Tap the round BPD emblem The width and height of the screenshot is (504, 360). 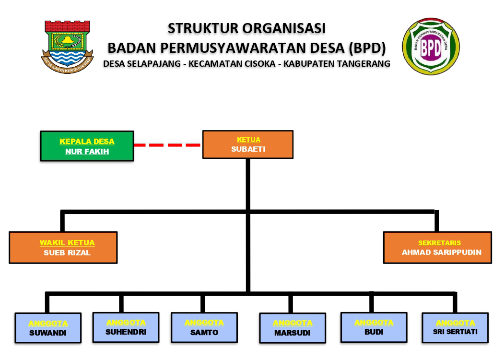point(431,47)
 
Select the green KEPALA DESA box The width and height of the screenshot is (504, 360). point(87,146)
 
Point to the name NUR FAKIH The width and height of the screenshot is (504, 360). point(87,152)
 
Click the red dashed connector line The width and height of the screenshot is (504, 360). point(167,144)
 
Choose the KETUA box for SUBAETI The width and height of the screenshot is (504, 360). point(247,144)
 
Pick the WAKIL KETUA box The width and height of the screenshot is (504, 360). point(63,247)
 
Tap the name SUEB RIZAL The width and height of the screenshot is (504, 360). point(67,253)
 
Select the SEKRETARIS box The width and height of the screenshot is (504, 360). point(437,247)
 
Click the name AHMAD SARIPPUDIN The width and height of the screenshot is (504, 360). point(441,252)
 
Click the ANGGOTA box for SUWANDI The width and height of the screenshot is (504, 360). point(48,328)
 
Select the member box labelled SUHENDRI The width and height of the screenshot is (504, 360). point(126,327)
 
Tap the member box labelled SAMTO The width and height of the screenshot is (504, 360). point(204,327)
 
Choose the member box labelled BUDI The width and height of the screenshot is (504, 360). point(374,327)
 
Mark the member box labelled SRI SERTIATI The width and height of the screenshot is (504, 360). point(455,328)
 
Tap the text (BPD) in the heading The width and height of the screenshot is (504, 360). point(368,48)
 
